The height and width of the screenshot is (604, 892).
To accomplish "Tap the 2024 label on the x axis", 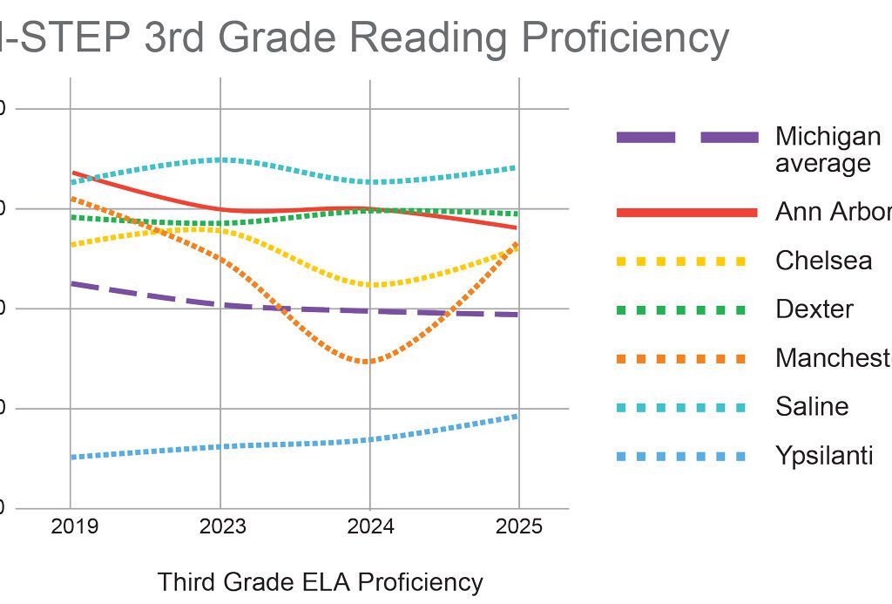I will point(370,527).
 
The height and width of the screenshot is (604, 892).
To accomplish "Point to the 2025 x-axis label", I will point(519,527).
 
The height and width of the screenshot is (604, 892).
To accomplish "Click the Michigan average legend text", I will point(828,149).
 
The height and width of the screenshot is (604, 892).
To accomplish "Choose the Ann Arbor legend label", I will point(833,212).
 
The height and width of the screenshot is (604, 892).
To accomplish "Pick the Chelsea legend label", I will point(823,261).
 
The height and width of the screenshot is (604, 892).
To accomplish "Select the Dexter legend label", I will point(814,309).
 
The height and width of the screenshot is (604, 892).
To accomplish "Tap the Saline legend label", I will point(812,406).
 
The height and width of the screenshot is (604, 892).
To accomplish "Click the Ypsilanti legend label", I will point(824,456).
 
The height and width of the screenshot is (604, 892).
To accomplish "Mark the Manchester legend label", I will point(833,358).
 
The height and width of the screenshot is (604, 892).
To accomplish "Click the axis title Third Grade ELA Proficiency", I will point(320,582).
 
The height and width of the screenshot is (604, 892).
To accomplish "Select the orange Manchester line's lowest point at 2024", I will point(370,362).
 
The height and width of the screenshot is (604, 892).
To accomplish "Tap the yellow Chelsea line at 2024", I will point(370,285).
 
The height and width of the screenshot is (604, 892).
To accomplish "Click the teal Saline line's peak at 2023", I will point(220,159).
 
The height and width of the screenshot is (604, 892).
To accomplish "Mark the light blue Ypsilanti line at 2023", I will point(220,446).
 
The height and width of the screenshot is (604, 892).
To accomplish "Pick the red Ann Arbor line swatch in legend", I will point(686,213).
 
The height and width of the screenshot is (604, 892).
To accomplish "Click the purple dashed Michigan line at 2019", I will point(73,283).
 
